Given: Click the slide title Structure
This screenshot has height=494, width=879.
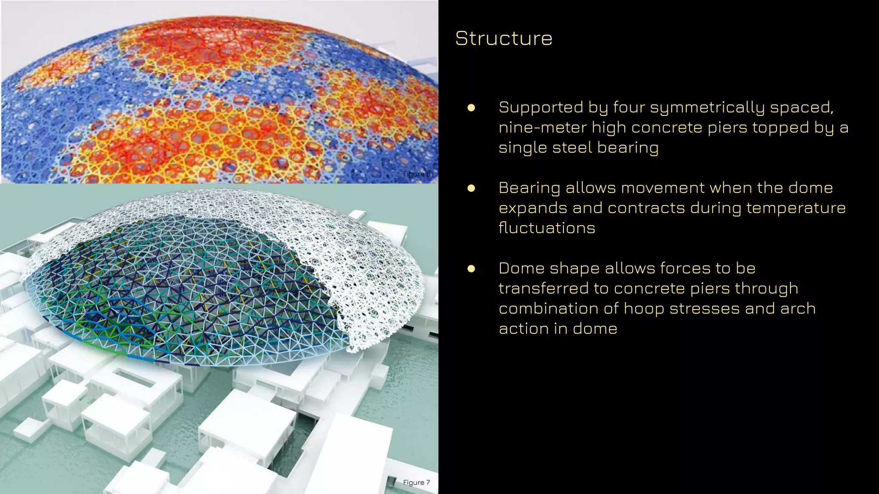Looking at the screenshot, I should pos(503,38).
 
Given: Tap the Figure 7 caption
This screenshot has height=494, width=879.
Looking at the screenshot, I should pos(416,482).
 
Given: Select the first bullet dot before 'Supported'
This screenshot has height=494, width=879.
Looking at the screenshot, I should pos(471,108).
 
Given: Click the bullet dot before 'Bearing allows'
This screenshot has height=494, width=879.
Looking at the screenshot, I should pos(471,188).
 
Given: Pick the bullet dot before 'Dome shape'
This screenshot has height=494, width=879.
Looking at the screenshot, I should pos(471,269).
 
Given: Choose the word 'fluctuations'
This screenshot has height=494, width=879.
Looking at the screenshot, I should pos(547,228).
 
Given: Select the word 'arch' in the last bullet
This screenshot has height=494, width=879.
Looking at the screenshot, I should pos(798,308).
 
